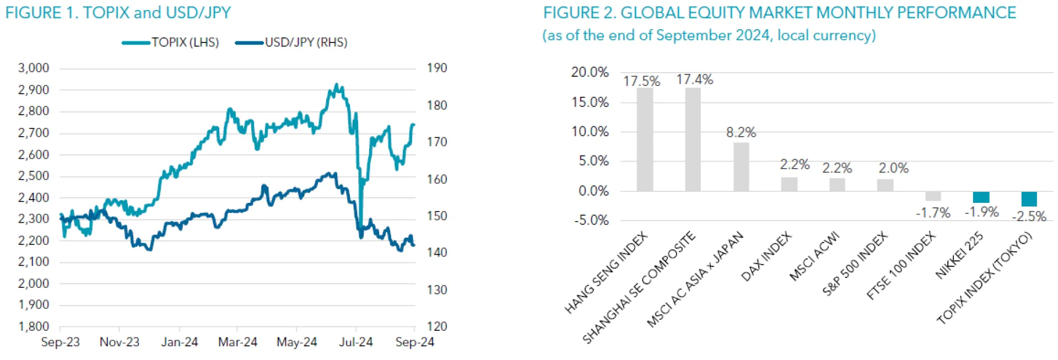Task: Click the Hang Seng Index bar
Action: (x=645, y=139)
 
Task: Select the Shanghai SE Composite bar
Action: (x=693, y=139)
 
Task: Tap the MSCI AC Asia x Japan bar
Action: (x=741, y=167)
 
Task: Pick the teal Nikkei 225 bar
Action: (x=981, y=197)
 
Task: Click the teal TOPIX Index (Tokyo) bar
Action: (x=1029, y=199)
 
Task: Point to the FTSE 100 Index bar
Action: (x=933, y=196)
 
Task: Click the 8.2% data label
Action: (x=741, y=132)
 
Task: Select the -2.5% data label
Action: (x=1029, y=216)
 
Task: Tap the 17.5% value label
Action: (x=641, y=81)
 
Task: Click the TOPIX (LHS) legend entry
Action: (x=171, y=42)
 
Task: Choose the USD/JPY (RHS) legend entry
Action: (x=292, y=42)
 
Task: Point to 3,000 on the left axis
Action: (x=34, y=68)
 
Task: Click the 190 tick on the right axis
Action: (x=436, y=68)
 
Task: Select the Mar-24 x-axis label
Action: (x=237, y=342)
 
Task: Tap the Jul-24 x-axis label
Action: (x=355, y=342)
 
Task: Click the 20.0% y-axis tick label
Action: (x=590, y=72)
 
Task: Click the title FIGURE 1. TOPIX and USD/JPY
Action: (x=118, y=13)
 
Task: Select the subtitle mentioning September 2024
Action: (x=709, y=35)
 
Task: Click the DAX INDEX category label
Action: (x=766, y=257)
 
